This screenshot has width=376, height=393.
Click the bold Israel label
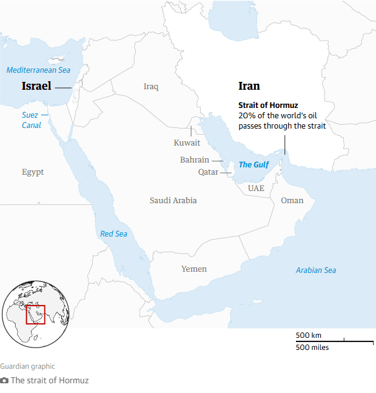(x=36, y=86)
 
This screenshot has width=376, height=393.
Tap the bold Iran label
(x=249, y=86)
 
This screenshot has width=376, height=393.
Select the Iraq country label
(x=151, y=87)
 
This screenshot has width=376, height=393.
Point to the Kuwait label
(x=187, y=143)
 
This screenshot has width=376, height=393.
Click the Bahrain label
(x=195, y=160)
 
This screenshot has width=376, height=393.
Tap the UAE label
(x=256, y=188)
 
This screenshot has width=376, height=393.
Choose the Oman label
(x=292, y=200)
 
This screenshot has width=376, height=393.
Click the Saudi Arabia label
(x=173, y=200)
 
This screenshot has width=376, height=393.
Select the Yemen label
(x=194, y=269)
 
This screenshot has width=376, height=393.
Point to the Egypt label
(x=33, y=172)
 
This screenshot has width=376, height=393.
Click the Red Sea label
(x=114, y=233)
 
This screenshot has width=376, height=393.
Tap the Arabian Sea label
(x=316, y=270)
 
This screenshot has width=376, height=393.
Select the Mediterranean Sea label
(x=38, y=70)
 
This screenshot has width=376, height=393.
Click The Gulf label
(x=254, y=164)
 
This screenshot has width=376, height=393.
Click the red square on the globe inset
(x=35, y=315)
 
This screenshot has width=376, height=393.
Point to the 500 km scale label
(x=309, y=335)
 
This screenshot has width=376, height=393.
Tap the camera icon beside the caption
(x=5, y=381)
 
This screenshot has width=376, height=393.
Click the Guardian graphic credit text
(x=27, y=366)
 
